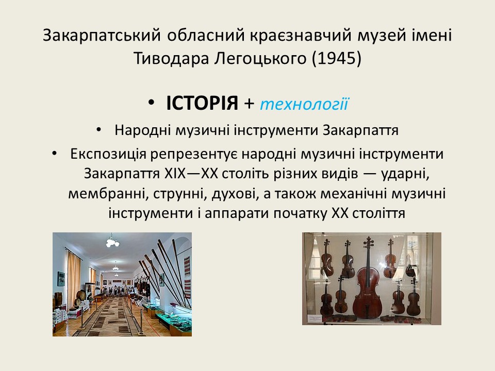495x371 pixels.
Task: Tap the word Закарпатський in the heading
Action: coord(102,35)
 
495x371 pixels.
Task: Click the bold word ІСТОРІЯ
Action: coord(202,103)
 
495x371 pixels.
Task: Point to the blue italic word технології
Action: coord(304,104)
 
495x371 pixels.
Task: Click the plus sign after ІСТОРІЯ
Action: coord(249,104)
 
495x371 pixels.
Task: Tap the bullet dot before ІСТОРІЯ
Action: coord(152,103)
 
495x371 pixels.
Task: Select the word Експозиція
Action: coord(108,154)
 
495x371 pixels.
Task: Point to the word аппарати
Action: coord(237,213)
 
